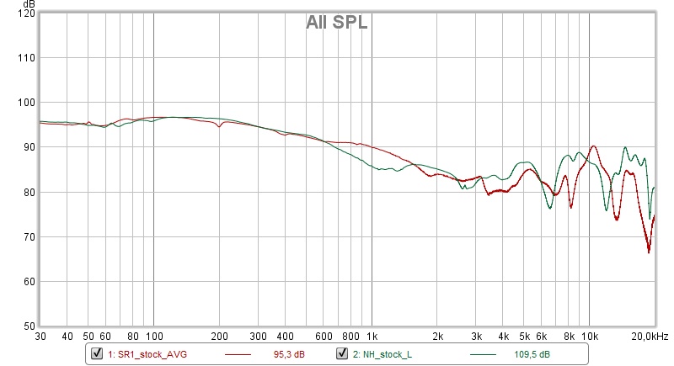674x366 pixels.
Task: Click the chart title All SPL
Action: (x=336, y=24)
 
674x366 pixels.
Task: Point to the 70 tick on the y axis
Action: (x=26, y=236)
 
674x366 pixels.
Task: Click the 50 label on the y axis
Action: (x=26, y=326)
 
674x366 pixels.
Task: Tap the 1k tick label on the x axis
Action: (x=372, y=337)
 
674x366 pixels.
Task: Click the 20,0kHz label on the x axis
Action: (x=650, y=337)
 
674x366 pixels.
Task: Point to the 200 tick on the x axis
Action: (x=219, y=337)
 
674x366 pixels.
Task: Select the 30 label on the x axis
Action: (x=40, y=337)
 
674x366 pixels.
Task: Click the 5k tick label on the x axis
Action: (x=524, y=337)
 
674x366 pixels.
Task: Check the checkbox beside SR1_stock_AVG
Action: (x=97, y=353)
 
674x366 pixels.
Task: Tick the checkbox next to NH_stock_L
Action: (x=342, y=353)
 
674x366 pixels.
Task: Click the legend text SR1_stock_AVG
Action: (x=147, y=354)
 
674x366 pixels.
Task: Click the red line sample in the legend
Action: (x=241, y=354)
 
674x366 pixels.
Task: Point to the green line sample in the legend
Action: (x=484, y=354)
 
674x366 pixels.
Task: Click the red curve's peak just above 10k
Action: (x=594, y=146)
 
